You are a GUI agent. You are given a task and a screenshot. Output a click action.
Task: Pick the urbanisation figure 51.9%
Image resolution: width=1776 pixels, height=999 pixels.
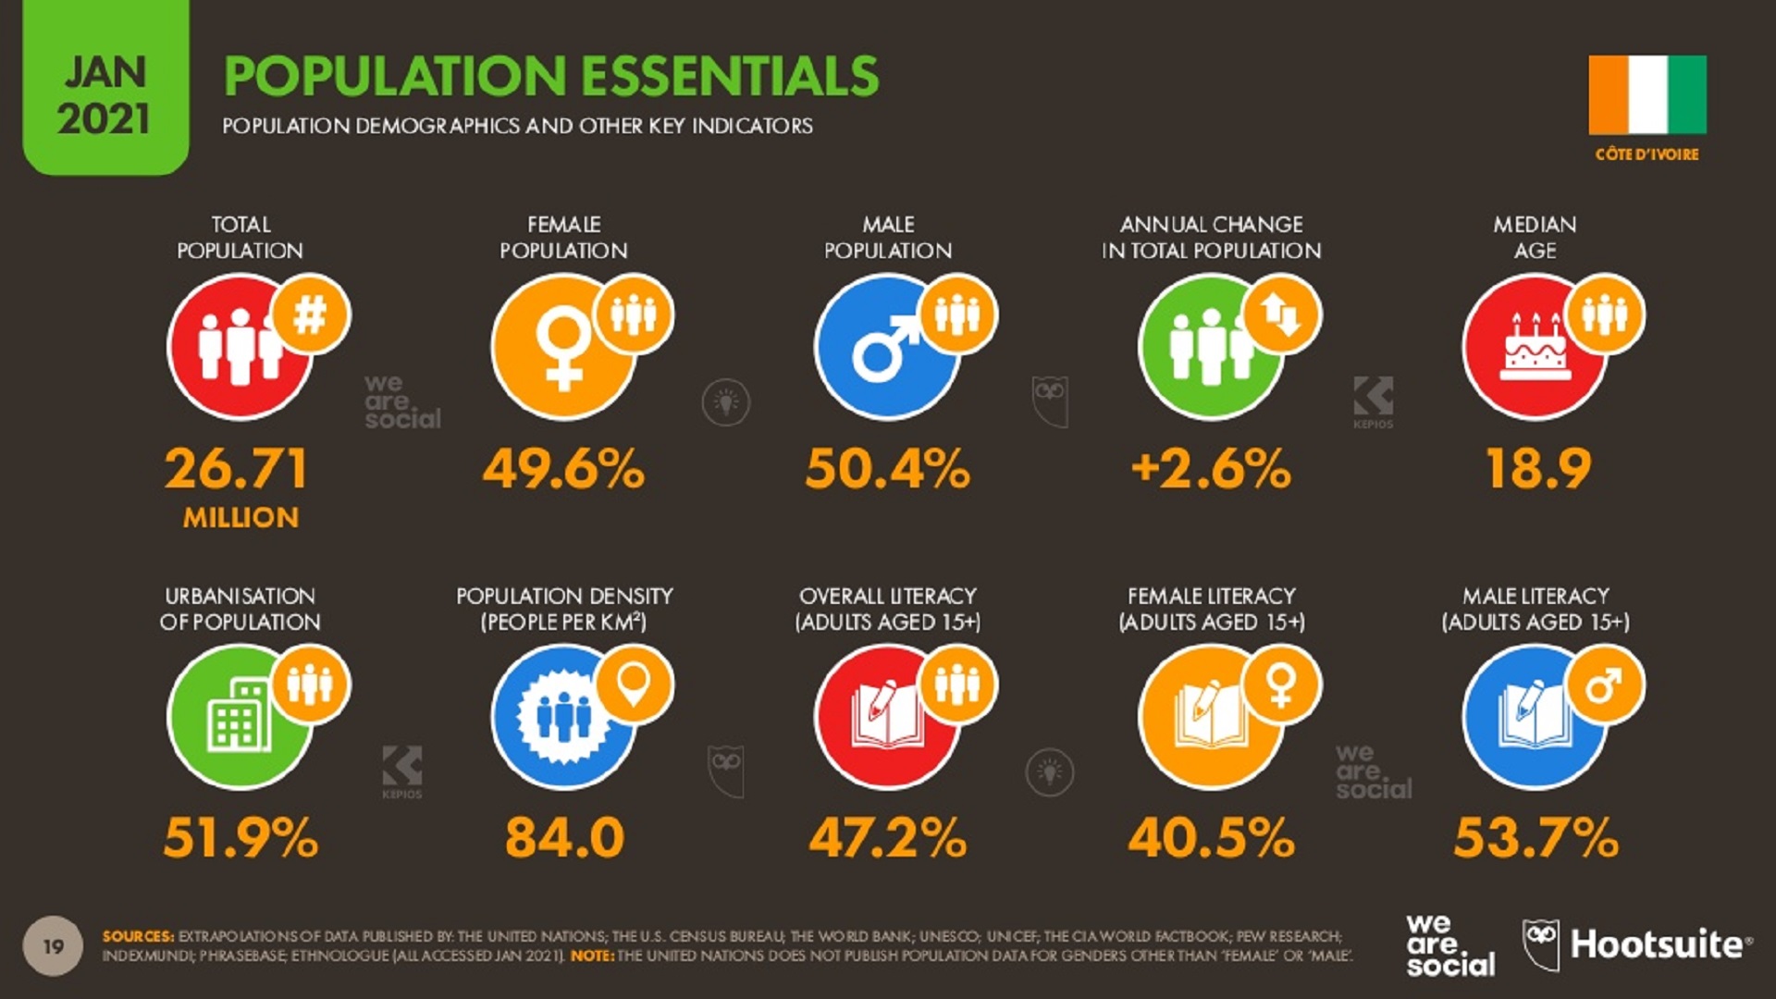click(240, 838)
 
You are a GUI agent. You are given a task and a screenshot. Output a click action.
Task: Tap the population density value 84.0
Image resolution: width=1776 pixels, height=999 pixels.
click(564, 838)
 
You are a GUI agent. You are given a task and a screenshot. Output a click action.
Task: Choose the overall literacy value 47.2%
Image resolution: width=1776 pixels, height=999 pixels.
click(887, 838)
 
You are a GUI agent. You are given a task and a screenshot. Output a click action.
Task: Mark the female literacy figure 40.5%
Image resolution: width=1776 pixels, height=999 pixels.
click(1211, 838)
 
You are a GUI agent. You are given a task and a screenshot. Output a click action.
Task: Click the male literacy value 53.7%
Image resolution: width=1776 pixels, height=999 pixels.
click(1535, 838)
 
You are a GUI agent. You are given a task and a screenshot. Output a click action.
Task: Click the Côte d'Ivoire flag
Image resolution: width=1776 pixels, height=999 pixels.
click(1647, 95)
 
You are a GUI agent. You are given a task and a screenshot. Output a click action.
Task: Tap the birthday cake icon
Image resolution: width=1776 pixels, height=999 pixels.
click(1535, 348)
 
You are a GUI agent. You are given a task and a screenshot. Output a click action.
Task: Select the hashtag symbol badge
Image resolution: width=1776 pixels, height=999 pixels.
click(310, 315)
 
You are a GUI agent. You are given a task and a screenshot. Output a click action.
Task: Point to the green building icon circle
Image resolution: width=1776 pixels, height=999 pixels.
click(239, 718)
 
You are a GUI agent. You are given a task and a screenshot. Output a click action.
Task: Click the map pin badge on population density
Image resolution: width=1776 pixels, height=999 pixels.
click(634, 684)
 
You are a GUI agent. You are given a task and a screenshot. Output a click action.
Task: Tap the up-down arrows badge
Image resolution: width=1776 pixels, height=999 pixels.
click(1281, 315)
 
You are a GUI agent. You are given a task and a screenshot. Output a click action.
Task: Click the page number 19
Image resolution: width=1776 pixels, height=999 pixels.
click(54, 946)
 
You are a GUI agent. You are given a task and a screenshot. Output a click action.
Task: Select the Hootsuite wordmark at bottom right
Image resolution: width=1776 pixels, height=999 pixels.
click(1656, 944)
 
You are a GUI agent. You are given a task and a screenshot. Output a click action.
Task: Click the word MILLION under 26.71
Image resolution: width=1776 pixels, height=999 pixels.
click(240, 518)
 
